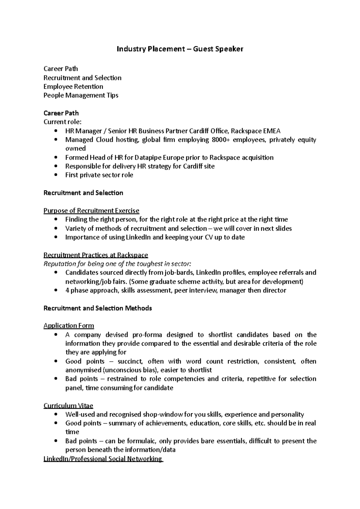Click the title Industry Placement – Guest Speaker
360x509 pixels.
[180, 49]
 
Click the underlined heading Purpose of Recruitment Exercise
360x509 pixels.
[91, 211]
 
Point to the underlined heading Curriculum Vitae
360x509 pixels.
[68, 406]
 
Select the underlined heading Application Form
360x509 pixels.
[69, 326]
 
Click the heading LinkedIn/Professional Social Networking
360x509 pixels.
[103, 459]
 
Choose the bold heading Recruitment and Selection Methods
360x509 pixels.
[97, 308]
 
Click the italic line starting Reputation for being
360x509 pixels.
[117, 264]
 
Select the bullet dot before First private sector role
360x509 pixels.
[56, 175]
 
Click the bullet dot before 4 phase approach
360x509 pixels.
[56, 290]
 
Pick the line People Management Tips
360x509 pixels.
[81, 95]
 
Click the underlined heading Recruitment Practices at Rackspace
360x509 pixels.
[96, 255]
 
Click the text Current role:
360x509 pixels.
[62, 122]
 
